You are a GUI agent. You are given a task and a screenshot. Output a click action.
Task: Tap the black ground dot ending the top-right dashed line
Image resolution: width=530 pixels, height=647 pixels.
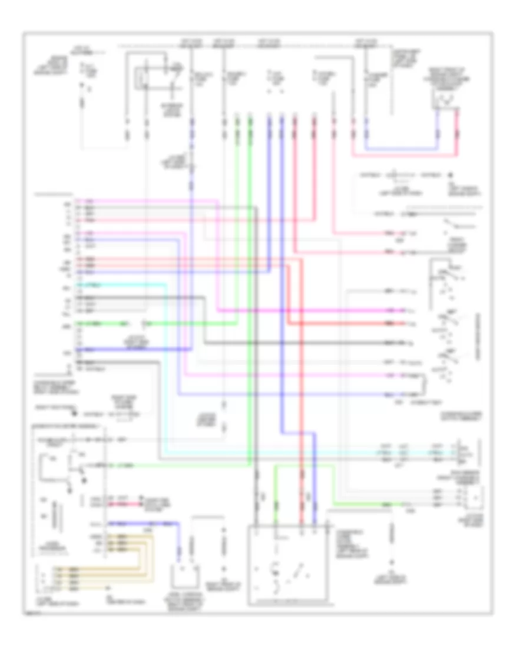coord(450,175)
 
